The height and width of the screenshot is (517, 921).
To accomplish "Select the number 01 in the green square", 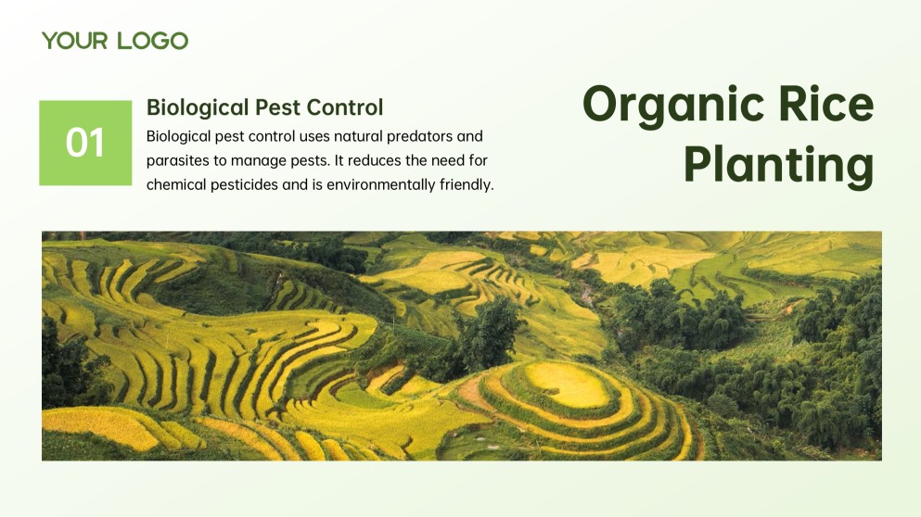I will pos(85,143).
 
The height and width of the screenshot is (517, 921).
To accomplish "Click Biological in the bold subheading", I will pos(197,107).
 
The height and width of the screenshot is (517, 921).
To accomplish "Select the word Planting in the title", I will pos(778,165).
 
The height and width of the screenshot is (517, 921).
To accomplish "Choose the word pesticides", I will pos(245,184).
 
